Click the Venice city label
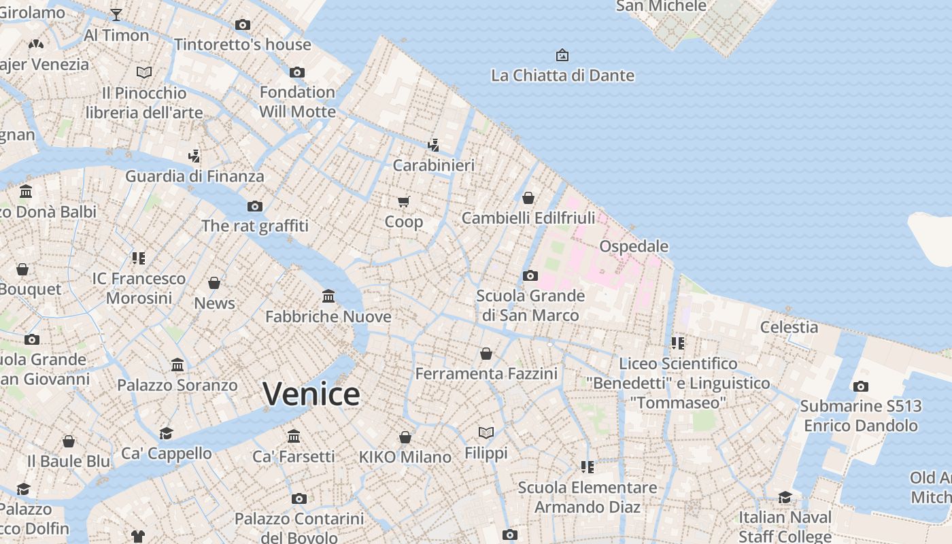click(311, 394)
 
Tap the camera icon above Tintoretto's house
click(242, 25)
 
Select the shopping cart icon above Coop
click(404, 201)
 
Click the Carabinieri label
click(434, 165)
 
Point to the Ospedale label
click(634, 246)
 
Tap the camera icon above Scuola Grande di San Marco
click(530, 275)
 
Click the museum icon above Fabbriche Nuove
click(328, 296)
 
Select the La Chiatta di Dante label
click(562, 75)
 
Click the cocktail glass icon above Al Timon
click(116, 15)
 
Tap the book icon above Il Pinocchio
click(144, 72)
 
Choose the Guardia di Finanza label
click(194, 176)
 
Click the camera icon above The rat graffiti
click(255, 206)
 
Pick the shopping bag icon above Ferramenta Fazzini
click(486, 354)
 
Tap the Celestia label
click(789, 327)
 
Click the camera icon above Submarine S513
click(861, 386)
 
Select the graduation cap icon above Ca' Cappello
click(167, 433)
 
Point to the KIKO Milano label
click(405, 457)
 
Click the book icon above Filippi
click(486, 432)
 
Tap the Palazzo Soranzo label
click(177, 385)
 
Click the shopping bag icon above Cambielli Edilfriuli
click(528, 198)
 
